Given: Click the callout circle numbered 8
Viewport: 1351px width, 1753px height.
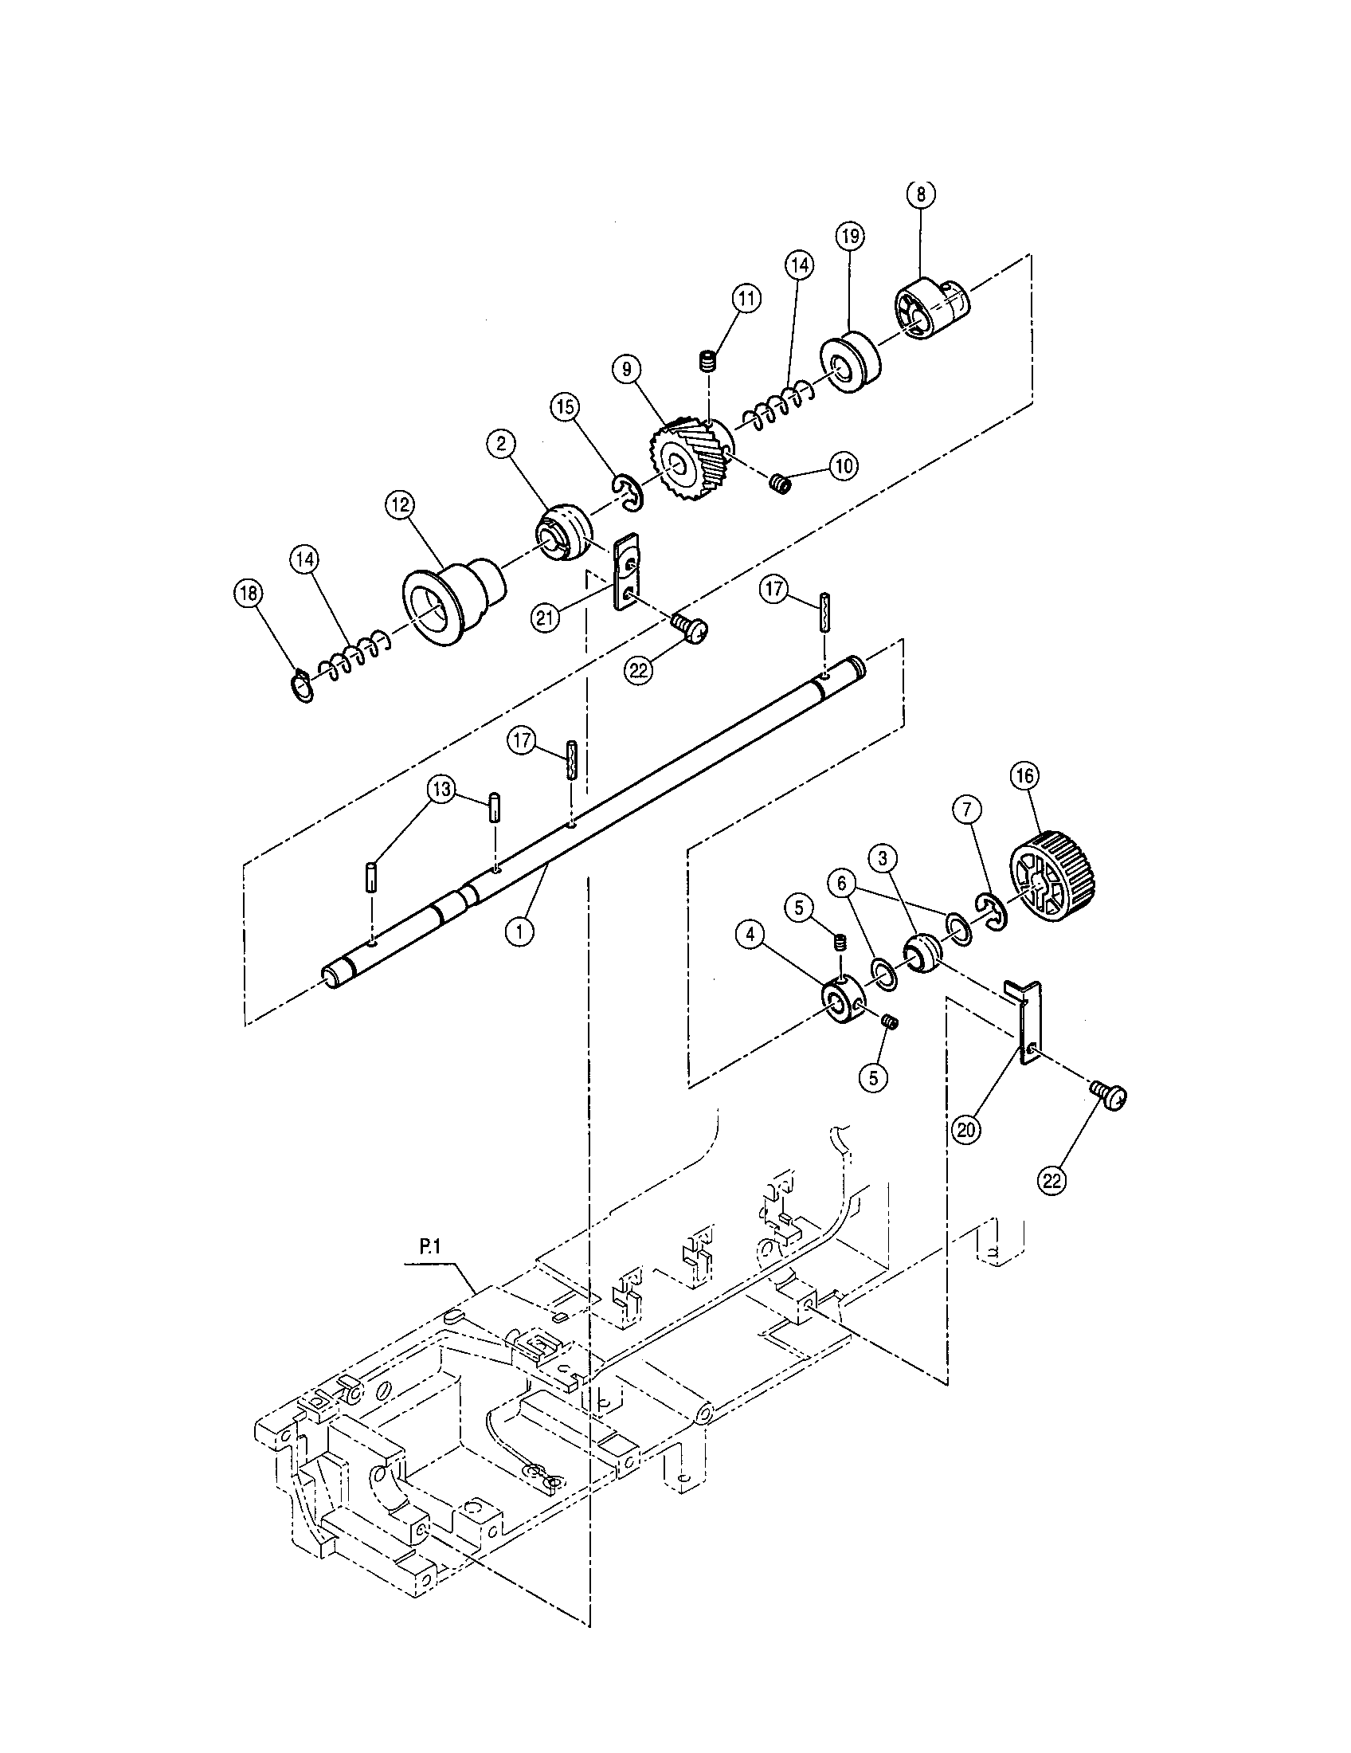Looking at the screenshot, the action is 920,194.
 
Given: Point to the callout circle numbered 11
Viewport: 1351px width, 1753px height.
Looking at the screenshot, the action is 746,299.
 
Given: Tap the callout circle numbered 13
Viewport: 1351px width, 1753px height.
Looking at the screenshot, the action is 441,789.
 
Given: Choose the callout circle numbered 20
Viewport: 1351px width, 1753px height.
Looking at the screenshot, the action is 967,1129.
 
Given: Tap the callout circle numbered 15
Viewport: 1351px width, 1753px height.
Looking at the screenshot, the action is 566,407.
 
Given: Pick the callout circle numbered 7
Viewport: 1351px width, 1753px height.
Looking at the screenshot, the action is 968,813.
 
